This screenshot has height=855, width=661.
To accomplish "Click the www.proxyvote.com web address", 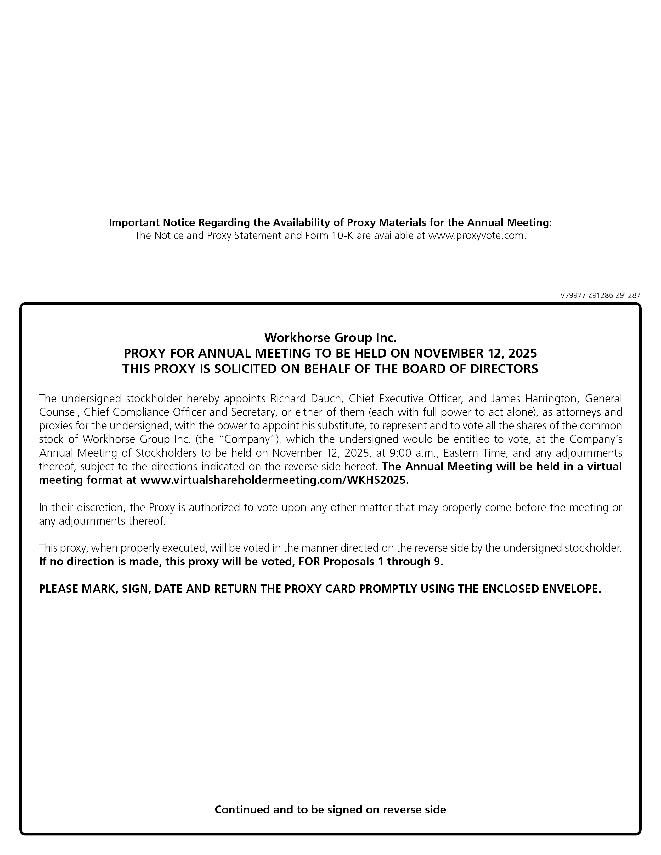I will click(476, 236).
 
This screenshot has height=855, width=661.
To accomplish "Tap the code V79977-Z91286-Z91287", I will click(600, 296).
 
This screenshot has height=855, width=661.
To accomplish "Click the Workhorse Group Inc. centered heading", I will click(330, 337).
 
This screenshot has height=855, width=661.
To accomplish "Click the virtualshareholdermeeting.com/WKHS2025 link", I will click(274, 480).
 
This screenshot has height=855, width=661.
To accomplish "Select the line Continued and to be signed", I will click(330, 810).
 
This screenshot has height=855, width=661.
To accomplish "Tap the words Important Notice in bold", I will click(152, 222).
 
